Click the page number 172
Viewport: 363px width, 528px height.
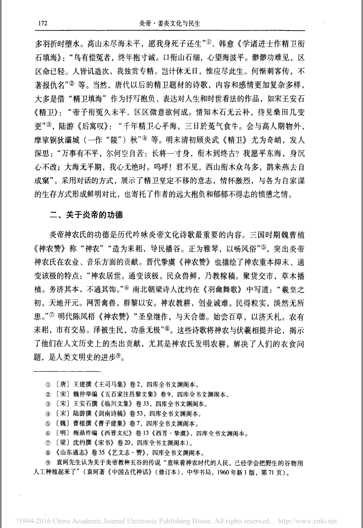(43, 23)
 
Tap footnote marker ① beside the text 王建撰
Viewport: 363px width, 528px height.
(48, 385)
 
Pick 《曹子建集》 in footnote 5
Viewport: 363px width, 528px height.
(111, 423)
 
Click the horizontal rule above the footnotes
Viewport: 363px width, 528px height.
(68, 371)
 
